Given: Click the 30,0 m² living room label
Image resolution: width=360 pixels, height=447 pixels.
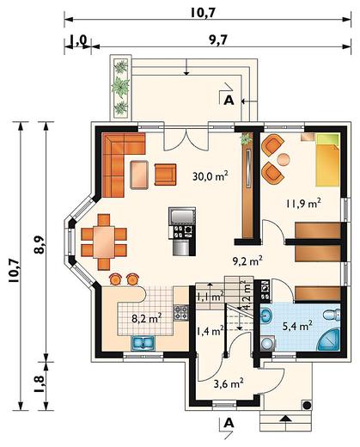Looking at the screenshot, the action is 210,176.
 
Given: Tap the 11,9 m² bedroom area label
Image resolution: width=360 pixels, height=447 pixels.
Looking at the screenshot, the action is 303,204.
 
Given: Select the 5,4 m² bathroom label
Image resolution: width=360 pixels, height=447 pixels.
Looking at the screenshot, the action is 297,326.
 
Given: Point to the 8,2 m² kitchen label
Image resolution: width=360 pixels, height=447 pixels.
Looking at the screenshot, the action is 147,318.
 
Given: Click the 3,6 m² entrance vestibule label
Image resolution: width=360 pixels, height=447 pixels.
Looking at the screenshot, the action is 229,383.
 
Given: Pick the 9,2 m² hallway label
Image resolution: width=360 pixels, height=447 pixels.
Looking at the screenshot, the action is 247,261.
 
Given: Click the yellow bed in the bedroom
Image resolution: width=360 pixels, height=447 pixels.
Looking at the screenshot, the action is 327,160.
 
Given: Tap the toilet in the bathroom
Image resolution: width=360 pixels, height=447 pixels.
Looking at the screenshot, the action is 332,315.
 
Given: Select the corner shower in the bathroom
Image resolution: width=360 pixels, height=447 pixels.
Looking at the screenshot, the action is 328,340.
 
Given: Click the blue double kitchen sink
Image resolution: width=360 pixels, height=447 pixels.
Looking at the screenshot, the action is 143,343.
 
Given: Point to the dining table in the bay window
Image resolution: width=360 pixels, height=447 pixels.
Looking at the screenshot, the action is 104,242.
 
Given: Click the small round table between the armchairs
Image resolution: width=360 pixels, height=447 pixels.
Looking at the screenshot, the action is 284,160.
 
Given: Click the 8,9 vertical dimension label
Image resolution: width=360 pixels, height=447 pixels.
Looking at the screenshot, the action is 40,244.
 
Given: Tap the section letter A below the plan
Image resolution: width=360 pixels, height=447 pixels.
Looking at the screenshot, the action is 229,423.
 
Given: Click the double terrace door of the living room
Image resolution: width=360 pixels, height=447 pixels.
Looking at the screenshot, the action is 186,138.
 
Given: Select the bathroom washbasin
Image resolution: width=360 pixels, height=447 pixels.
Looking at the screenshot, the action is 266,315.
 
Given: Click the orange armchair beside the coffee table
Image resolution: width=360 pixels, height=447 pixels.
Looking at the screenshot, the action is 165,175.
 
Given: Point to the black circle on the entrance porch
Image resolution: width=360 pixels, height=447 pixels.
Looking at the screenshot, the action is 307,405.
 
